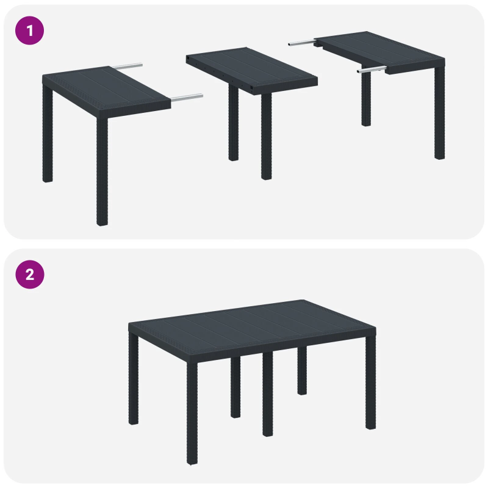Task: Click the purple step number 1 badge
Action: (x=29, y=30)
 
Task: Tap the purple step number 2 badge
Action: (x=29, y=274)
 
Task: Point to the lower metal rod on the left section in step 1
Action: (x=186, y=96)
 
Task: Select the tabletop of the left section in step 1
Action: (x=104, y=88)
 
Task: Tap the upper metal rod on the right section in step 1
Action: (x=302, y=43)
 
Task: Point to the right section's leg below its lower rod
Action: (x=365, y=101)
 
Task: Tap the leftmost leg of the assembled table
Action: (x=133, y=378)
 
